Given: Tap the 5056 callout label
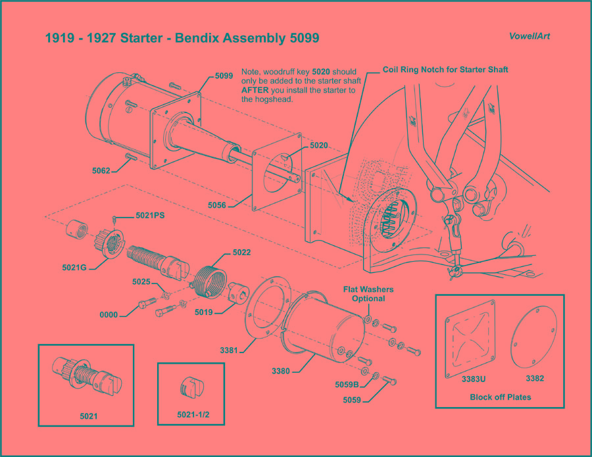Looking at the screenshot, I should (x=217, y=205).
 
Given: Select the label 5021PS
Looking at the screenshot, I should (x=150, y=215).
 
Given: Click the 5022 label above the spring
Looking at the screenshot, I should (x=241, y=253).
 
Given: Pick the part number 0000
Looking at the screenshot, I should (x=109, y=315).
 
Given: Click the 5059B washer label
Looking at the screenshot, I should (x=347, y=385).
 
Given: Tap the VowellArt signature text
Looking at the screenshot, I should (x=530, y=36).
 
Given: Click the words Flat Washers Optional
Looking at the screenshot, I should (x=367, y=293).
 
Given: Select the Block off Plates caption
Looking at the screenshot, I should (x=500, y=397).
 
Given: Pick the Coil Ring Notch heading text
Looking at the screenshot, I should (x=445, y=69).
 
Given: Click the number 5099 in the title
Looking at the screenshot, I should (x=304, y=38).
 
